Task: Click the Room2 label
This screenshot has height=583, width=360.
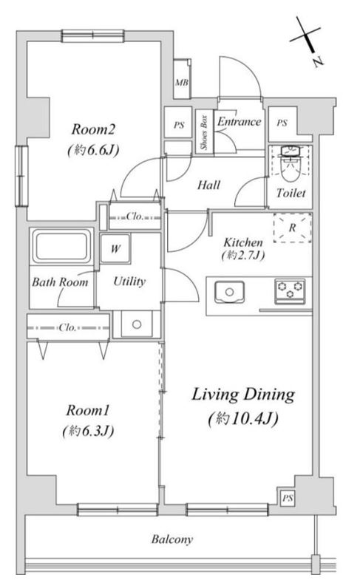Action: pyautogui.click(x=93, y=129)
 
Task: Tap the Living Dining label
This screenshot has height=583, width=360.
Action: pyautogui.click(x=243, y=395)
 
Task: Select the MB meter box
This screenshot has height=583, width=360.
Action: pyautogui.click(x=182, y=78)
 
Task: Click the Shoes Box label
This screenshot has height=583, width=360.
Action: pyautogui.click(x=204, y=132)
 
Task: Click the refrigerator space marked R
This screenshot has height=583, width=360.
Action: pyautogui.click(x=293, y=228)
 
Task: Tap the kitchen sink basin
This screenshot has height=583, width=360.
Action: pyautogui.click(x=229, y=292)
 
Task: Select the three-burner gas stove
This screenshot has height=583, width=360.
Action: pyautogui.click(x=290, y=290)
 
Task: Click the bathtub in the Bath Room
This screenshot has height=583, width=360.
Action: pyautogui.click(x=62, y=246)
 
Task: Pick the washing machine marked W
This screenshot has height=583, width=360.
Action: pyautogui.click(x=115, y=248)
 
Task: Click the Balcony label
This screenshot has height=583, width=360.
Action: pyautogui.click(x=171, y=539)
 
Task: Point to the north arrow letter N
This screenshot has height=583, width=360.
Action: pyautogui.click(x=317, y=62)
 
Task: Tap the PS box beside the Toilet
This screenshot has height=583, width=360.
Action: pyautogui.click(x=282, y=123)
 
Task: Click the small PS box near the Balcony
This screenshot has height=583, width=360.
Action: pyautogui.click(x=288, y=498)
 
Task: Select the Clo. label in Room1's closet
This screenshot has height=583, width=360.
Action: pyautogui.click(x=67, y=327)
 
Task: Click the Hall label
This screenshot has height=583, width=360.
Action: pyautogui.click(x=208, y=185)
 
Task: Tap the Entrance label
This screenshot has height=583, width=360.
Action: pyautogui.click(x=239, y=122)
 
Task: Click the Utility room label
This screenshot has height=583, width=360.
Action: pyautogui.click(x=129, y=282)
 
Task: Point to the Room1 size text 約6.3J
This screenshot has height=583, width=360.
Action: pyautogui.click(x=88, y=432)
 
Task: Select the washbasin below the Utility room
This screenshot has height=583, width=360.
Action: pyautogui.click(x=137, y=324)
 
